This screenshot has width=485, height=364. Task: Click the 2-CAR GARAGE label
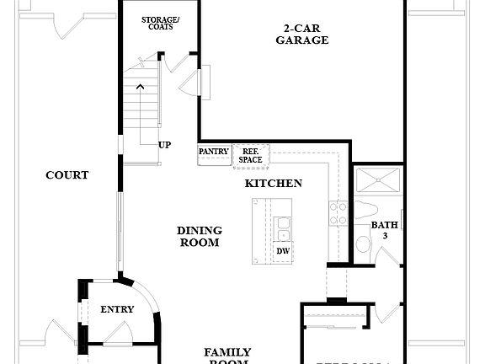pyautogui.click(x=301, y=34)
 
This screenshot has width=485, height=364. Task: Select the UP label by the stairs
pyautogui.click(x=165, y=145)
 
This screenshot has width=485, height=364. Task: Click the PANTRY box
pyautogui.click(x=214, y=152)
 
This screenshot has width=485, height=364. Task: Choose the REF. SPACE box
pyautogui.click(x=249, y=154)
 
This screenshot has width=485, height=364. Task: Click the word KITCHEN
pyautogui.click(x=274, y=183)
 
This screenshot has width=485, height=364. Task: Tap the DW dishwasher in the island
pyautogui.click(x=282, y=251)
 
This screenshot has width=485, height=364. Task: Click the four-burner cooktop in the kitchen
pyautogui.click(x=338, y=213)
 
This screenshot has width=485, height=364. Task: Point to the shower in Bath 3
pyautogui.click(x=377, y=181)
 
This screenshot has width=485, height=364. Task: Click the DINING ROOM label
pyautogui.click(x=200, y=236)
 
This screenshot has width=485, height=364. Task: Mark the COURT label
pyautogui.click(x=67, y=175)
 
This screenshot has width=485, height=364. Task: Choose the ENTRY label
pyautogui.click(x=117, y=309)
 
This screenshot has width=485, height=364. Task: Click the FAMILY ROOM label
pyautogui.click(x=227, y=356)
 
